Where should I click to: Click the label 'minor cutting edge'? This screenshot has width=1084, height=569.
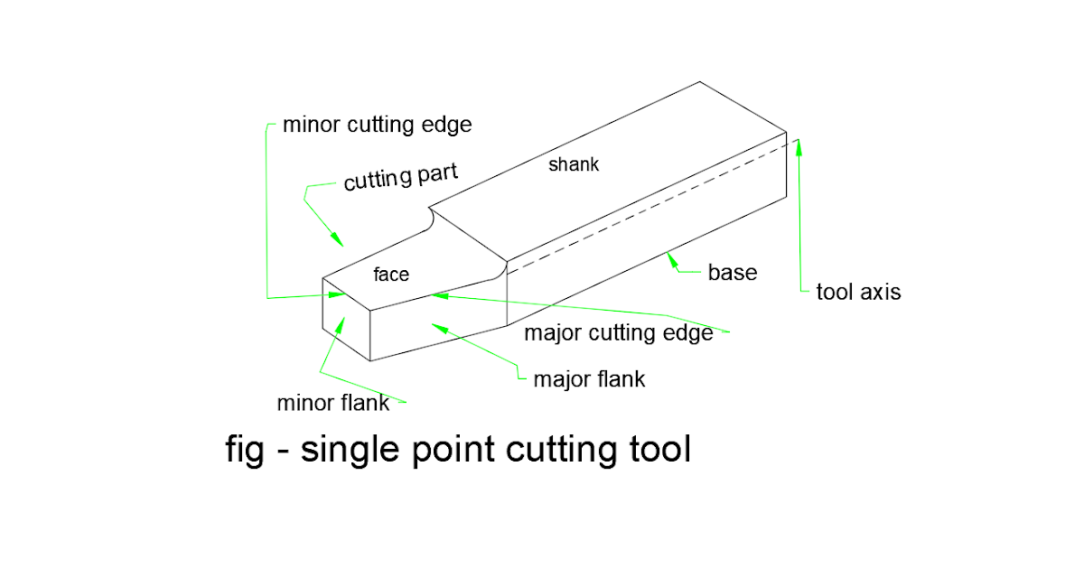pos(377,125)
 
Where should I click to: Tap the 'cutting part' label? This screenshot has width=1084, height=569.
pos(400,179)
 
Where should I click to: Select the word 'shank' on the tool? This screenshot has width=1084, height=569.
pos(574,165)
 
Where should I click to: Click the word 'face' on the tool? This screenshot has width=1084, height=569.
pos(391,274)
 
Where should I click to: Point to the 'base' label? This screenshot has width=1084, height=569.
pos(732,272)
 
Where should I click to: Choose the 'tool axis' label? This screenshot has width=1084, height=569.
pos(858,292)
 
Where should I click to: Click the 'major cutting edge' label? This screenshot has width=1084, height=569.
pos(619,333)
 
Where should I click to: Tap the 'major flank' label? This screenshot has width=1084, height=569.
pos(589,378)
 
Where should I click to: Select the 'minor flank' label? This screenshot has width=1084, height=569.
pos(332,402)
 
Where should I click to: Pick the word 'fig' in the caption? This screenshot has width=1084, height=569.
pos(244,449)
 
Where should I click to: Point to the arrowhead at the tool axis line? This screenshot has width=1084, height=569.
pos(799,144)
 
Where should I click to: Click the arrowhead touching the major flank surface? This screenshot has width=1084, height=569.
pos(437,324)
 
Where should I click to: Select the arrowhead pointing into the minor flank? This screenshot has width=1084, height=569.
pos(339,322)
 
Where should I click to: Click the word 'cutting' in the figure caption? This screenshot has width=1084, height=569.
pos(561,449)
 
